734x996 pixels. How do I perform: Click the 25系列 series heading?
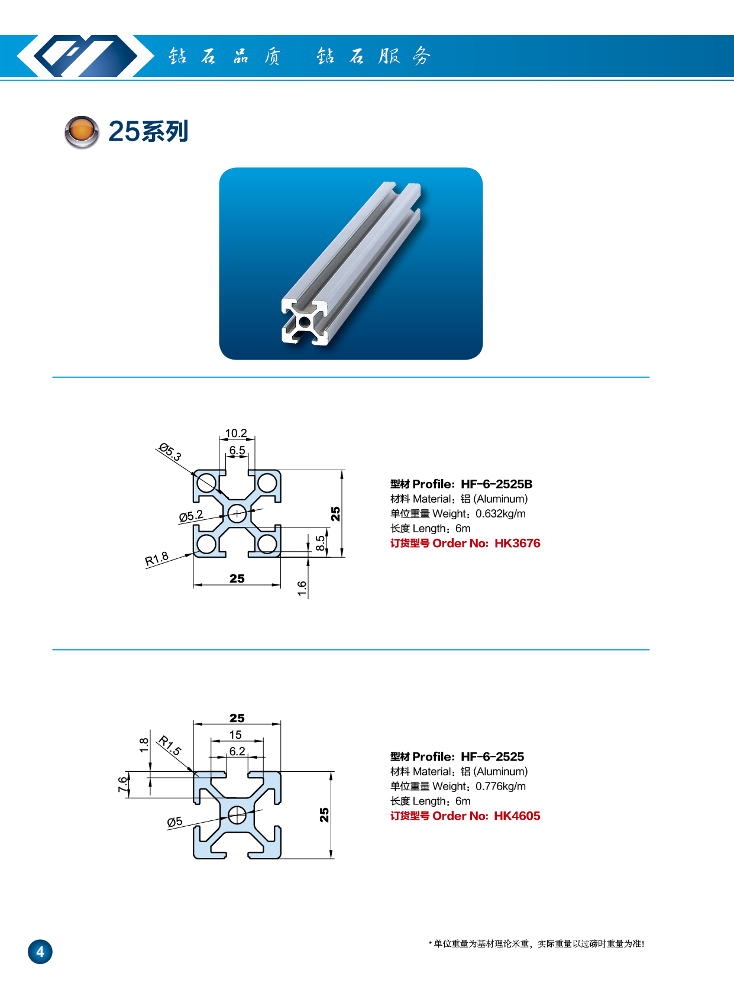(x=148, y=131)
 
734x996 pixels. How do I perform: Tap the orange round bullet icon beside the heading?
(x=81, y=131)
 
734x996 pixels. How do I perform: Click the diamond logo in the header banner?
(x=77, y=56)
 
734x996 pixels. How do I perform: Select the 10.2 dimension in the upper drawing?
(x=236, y=433)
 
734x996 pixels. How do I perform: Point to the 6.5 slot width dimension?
(x=237, y=450)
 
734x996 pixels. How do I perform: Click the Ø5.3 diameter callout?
(x=170, y=452)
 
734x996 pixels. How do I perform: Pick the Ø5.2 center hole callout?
(x=191, y=516)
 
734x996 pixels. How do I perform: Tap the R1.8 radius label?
(x=157, y=558)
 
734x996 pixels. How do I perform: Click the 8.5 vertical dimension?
(x=320, y=543)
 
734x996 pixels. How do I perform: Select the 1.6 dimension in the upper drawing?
(x=302, y=588)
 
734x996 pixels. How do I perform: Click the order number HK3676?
(x=518, y=543)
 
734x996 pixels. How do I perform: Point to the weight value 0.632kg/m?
(x=500, y=513)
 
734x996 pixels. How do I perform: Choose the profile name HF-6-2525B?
(x=496, y=484)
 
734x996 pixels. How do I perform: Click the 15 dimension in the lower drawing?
(x=235, y=735)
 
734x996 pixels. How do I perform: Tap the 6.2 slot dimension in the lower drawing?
(x=237, y=751)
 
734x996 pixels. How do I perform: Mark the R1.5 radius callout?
(x=170, y=745)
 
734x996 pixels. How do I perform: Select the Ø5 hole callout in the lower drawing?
(x=174, y=822)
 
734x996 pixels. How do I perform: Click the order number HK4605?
(x=517, y=816)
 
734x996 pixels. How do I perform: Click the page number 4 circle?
(x=40, y=952)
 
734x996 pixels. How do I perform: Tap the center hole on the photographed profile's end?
(x=304, y=322)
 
